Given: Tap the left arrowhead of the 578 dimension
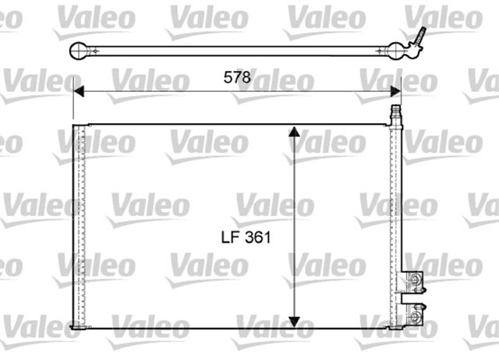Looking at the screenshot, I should click(x=78, y=92).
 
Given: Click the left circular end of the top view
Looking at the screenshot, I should click(x=78, y=52).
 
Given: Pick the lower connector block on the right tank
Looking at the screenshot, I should click(x=416, y=312).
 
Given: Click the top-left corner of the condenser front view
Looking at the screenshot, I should click(x=74, y=125).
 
